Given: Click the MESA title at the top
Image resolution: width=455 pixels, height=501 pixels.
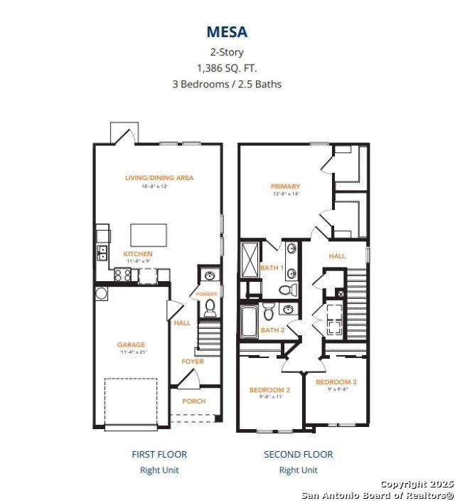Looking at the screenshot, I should pyautogui.click(x=227, y=32).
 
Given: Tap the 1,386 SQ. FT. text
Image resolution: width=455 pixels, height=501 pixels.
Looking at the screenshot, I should pyautogui.click(x=227, y=68).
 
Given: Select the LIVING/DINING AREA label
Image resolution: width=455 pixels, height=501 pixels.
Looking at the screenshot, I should pyautogui.click(x=159, y=178).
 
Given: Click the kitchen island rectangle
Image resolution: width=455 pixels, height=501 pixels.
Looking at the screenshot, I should pyautogui.click(x=149, y=235).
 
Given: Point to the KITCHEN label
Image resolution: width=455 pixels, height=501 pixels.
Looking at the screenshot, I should pyautogui.click(x=138, y=254).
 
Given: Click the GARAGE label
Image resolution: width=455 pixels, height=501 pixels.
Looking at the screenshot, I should pyautogui.click(x=132, y=345).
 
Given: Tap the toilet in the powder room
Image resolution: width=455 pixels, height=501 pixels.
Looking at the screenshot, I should pyautogui.click(x=210, y=308).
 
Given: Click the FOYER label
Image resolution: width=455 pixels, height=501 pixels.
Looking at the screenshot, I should pyautogui.click(x=192, y=362).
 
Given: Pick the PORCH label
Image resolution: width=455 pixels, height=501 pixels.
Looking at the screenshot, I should pyautogui.click(x=193, y=401).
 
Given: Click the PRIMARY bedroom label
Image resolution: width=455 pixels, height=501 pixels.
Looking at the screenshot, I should pyautogui.click(x=285, y=186).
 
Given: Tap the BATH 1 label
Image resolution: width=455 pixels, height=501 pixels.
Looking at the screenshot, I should pyautogui.click(x=272, y=268).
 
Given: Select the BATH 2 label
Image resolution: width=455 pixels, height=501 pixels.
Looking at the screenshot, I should pyautogui.click(x=272, y=329).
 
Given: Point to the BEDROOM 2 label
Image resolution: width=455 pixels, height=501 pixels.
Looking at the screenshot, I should pyautogui.click(x=269, y=390).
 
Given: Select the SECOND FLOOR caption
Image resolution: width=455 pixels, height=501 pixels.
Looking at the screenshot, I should pyautogui.click(x=298, y=454).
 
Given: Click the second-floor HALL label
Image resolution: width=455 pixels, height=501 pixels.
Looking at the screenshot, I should pyautogui.click(x=337, y=255).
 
